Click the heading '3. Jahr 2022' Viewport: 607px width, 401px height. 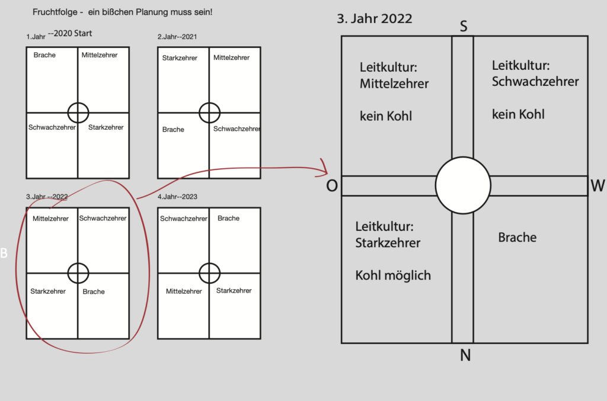point(374,18)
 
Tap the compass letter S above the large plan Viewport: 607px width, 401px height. point(464,26)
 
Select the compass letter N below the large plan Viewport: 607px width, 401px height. point(465,355)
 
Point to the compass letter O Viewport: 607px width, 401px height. point(332,186)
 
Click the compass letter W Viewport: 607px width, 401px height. point(598,187)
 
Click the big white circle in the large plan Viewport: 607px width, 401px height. point(463,185)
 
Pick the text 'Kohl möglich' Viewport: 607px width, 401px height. point(393,275)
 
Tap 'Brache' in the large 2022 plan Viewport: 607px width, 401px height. point(517,238)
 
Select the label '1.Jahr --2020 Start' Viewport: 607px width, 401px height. point(59,35)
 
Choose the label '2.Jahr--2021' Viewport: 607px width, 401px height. point(177,37)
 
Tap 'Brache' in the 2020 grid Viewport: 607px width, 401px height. point(44,55)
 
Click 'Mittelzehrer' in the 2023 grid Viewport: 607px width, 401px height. point(184,291)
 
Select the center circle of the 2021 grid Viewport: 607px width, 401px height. point(209,112)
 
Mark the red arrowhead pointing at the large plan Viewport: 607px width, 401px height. point(324,167)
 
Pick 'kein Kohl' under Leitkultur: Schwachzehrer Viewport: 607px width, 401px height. point(518,114)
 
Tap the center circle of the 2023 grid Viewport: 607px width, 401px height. point(209,273)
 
